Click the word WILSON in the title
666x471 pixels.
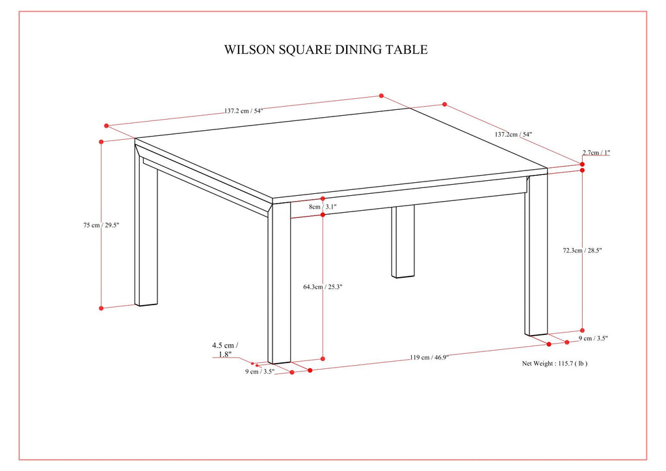(x=246, y=49)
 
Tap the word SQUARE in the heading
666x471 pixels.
(x=299, y=49)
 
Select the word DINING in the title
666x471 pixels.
(x=354, y=49)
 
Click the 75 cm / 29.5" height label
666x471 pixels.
(x=101, y=225)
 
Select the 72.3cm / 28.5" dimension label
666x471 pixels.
(x=583, y=250)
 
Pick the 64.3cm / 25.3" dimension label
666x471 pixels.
(x=323, y=286)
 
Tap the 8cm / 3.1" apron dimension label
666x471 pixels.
(x=323, y=207)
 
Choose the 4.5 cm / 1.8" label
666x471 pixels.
(x=226, y=350)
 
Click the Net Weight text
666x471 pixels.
(x=539, y=364)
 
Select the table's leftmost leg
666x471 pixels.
(x=146, y=234)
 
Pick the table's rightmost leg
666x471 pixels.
(x=537, y=257)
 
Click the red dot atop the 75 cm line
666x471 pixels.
(x=101, y=141)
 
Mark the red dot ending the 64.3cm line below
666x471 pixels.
(x=323, y=358)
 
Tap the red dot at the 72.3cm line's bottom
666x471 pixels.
(x=582, y=330)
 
